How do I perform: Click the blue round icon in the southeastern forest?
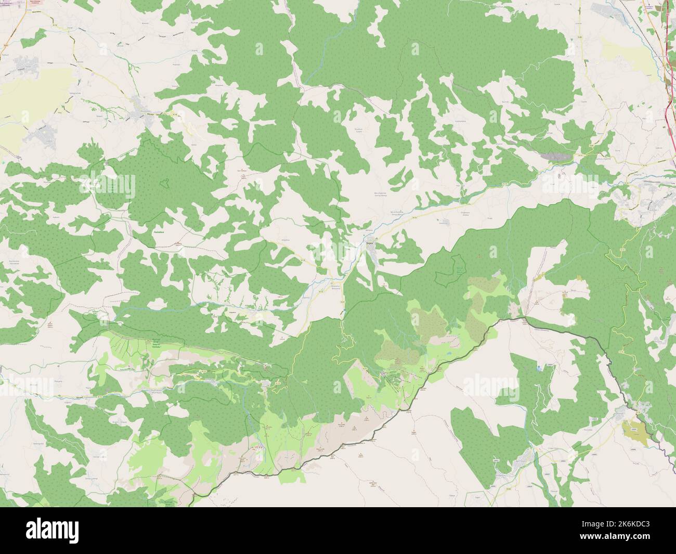[539, 368]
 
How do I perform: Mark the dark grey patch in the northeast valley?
[556, 155]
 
